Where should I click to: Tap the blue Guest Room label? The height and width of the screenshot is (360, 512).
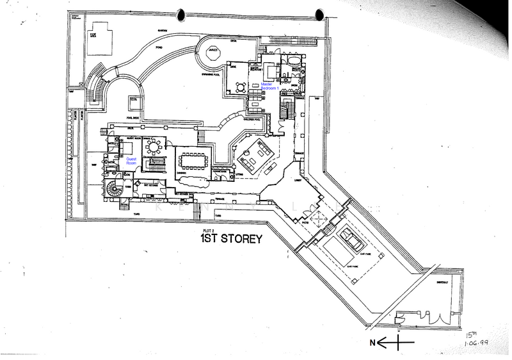pyautogui.click(x=131, y=160)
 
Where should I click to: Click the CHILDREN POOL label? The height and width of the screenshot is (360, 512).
pyautogui.click(x=254, y=119)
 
